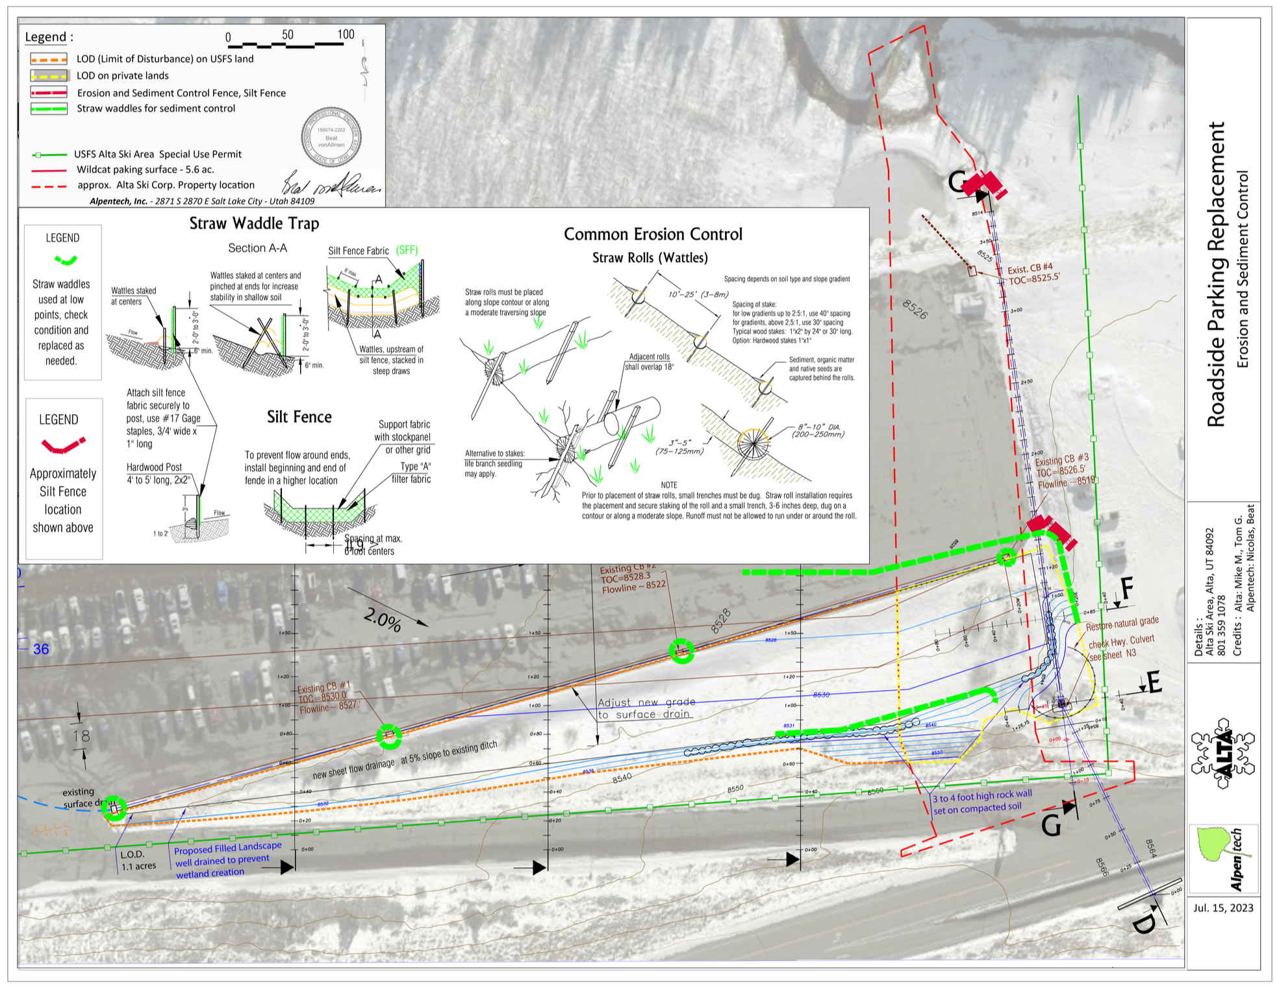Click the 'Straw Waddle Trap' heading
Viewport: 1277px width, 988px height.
[254, 224]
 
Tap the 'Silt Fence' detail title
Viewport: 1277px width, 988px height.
[299, 417]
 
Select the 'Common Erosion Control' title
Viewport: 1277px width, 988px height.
[652, 234]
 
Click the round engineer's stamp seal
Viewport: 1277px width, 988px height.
[331, 137]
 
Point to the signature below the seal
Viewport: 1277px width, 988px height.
[331, 184]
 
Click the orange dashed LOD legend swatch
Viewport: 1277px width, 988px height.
[49, 59]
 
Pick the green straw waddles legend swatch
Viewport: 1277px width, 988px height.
[49, 108]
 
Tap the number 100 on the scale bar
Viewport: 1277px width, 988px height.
[346, 34]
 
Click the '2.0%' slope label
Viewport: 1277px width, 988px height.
[382, 620]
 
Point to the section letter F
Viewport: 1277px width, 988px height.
[1127, 589]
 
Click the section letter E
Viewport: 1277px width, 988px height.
[1154, 682]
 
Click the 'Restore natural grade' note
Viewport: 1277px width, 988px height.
[1122, 624]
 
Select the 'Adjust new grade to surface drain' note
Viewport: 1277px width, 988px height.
[646, 708]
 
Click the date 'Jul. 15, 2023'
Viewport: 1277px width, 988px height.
[1223, 908]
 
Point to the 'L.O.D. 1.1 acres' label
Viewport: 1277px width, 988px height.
[138, 860]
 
